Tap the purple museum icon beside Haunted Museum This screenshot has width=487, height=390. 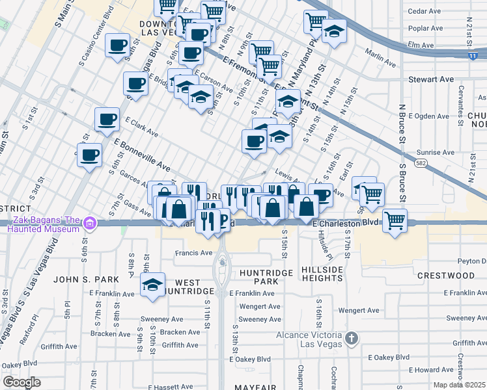(x=90, y=224)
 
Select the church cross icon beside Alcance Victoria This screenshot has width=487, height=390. (x=352, y=338)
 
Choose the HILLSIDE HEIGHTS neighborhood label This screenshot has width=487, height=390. (x=322, y=274)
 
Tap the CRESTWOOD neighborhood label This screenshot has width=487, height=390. (x=445, y=276)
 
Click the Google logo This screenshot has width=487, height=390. (x=22, y=382)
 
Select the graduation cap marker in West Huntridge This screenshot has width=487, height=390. (x=152, y=286)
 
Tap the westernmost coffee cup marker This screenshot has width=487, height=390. (x=90, y=154)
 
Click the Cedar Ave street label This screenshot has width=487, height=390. (x=424, y=11)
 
